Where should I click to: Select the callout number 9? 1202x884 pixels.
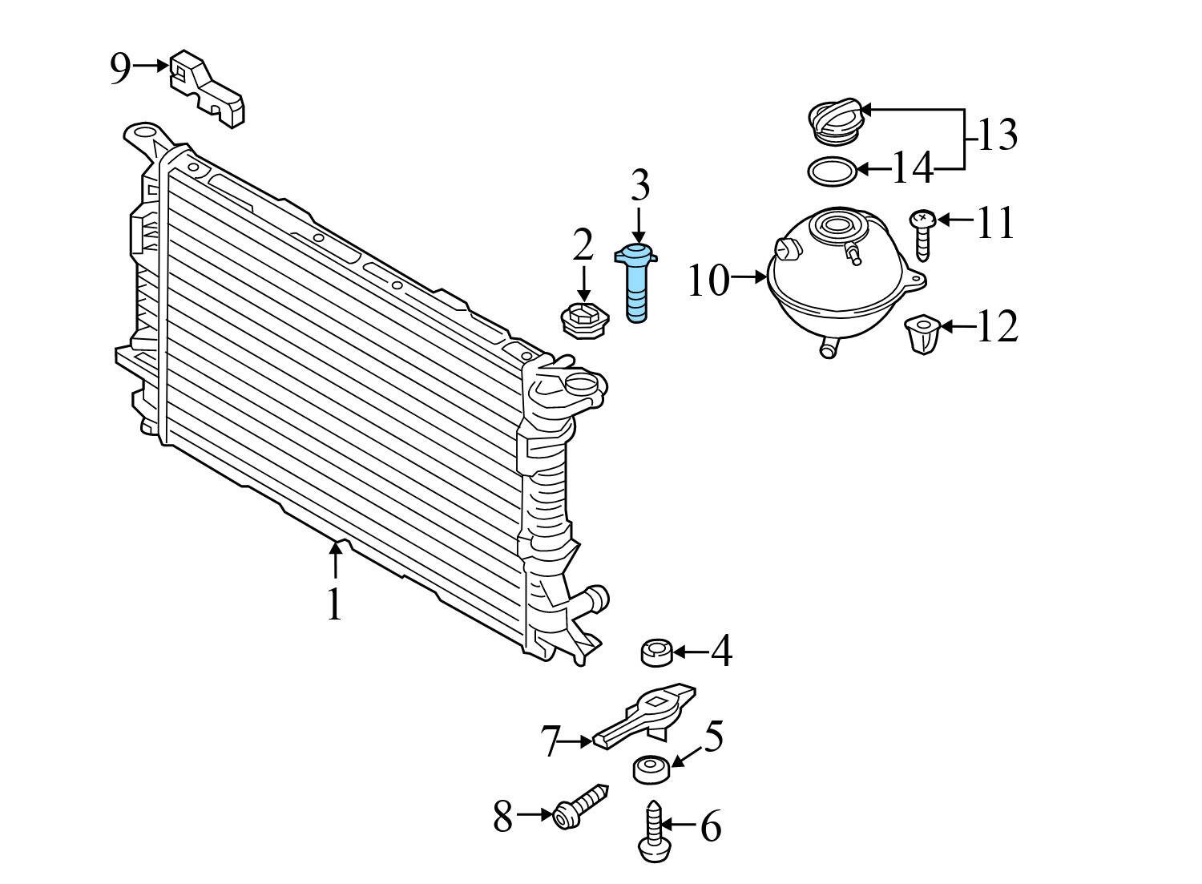pyautogui.click(x=120, y=69)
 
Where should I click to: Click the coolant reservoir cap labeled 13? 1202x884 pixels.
pyautogui.click(x=836, y=123)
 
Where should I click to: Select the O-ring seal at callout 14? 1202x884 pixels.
pyautogui.click(x=831, y=171)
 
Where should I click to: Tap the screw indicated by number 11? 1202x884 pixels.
pyautogui.click(x=923, y=234)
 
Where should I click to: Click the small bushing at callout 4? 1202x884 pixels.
pyautogui.click(x=656, y=652)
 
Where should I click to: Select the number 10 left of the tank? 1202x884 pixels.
pyautogui.click(x=709, y=281)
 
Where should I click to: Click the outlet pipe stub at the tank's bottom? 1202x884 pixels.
pyautogui.click(x=828, y=347)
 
